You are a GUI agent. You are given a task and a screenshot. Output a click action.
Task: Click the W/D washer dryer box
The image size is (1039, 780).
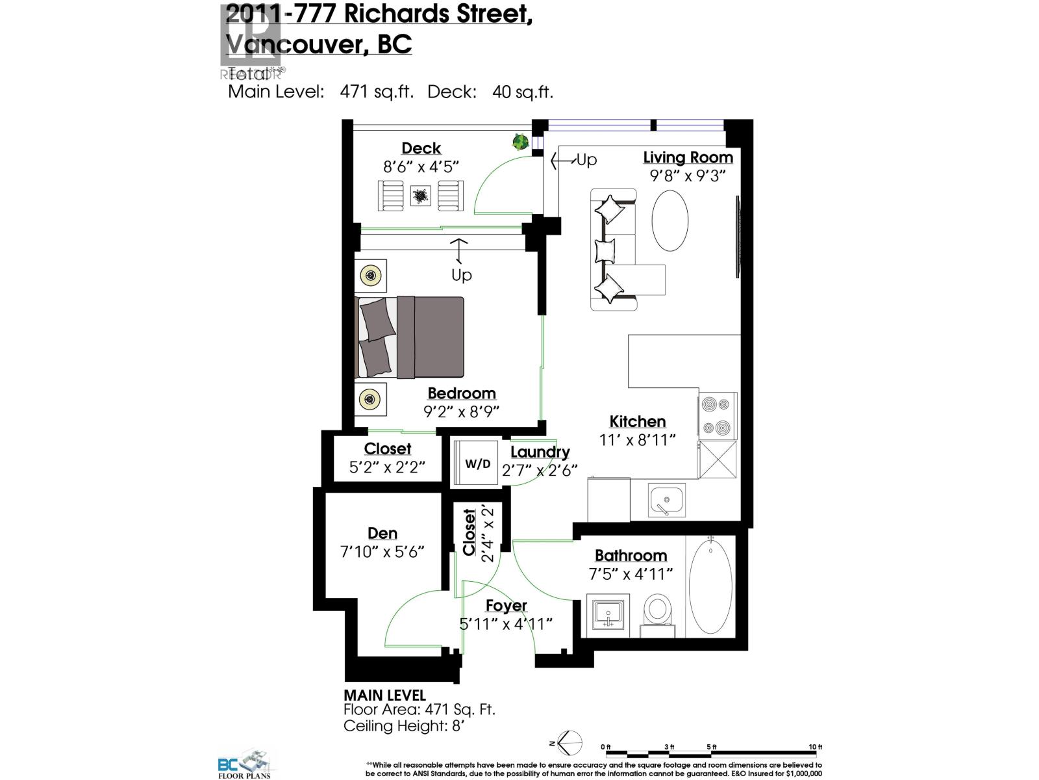[477, 464]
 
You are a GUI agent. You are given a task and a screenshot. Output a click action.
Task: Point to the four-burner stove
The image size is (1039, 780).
[717, 415]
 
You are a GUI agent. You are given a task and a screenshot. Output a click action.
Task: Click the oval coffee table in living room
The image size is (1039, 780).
[670, 220]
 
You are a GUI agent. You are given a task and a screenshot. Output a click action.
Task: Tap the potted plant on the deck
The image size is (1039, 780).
[519, 142]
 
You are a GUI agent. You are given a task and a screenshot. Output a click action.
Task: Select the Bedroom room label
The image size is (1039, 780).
[461, 393]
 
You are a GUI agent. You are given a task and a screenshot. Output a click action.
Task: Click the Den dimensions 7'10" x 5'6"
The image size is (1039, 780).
[382, 552]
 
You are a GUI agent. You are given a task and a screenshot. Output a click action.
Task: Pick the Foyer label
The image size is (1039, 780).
[506, 606]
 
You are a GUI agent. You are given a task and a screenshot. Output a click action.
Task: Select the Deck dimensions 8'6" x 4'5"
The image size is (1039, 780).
[421, 166]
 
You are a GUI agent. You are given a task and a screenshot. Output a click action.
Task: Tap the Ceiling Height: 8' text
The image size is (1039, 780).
[404, 726]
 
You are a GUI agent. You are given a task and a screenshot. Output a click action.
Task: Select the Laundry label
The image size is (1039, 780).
[540, 452]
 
